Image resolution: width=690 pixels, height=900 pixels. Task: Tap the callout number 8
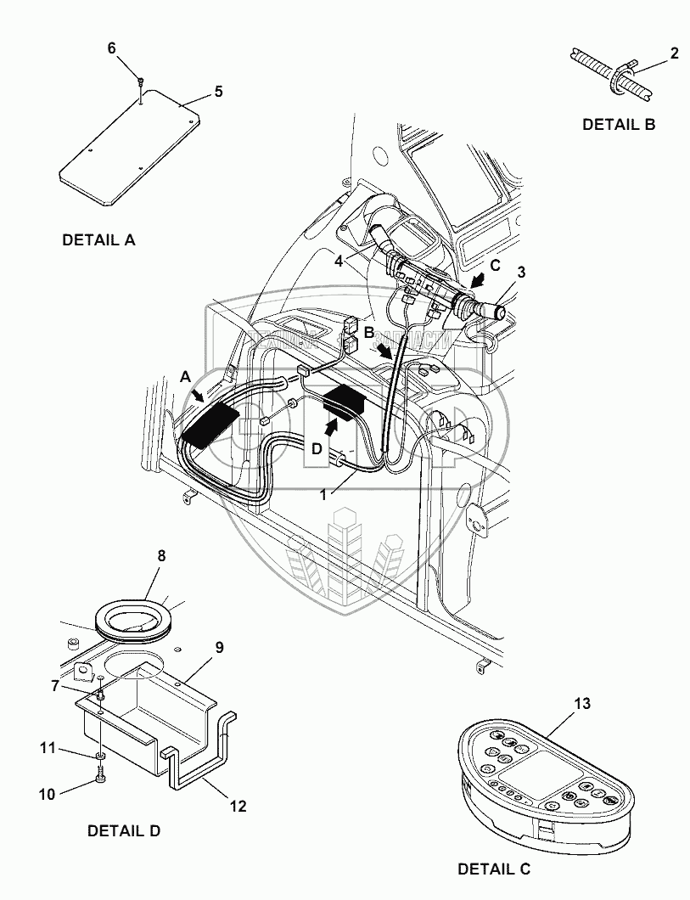click(x=160, y=556)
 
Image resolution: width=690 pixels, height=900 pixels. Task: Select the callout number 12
click(x=238, y=807)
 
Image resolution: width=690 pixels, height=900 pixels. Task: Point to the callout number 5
click(x=218, y=92)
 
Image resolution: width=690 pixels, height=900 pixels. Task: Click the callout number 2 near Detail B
click(x=674, y=53)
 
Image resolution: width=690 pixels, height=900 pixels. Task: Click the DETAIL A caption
click(x=98, y=240)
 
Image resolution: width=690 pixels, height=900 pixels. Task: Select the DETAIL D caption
click(x=124, y=831)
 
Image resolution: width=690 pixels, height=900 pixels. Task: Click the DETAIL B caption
click(x=619, y=124)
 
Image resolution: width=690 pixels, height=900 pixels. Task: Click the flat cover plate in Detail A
click(x=127, y=153)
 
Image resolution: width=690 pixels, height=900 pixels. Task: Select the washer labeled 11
click(x=101, y=753)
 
